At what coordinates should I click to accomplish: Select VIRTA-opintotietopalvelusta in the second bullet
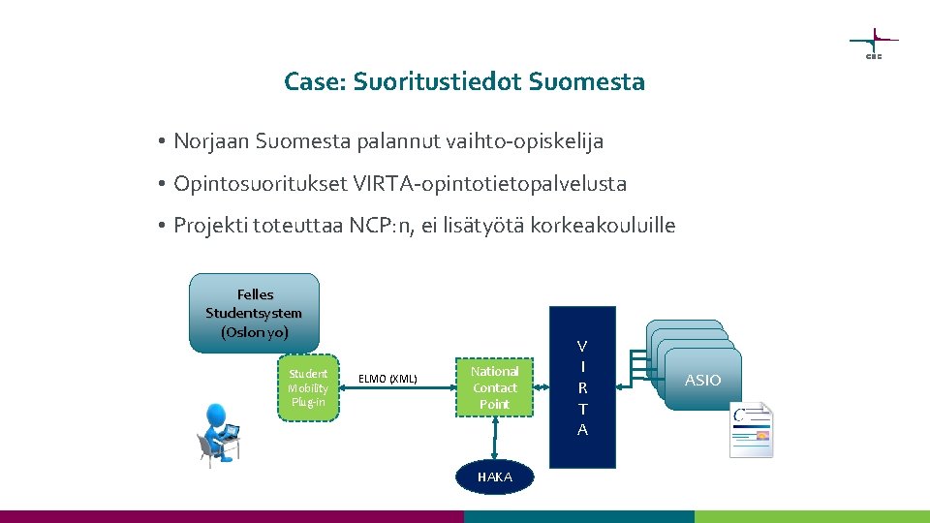tap(490, 183)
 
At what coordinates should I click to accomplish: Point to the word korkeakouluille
tap(603, 226)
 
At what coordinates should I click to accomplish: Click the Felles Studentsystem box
tap(255, 312)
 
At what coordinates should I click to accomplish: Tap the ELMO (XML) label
tap(387, 378)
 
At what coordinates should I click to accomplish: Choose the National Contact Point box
tap(494, 387)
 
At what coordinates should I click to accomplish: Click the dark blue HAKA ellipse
tap(494, 477)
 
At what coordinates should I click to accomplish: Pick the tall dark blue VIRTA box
tap(581, 387)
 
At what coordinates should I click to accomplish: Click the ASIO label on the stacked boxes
tap(702, 380)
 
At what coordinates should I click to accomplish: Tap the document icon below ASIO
tap(752, 429)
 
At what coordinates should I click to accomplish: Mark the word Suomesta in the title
tap(587, 82)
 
